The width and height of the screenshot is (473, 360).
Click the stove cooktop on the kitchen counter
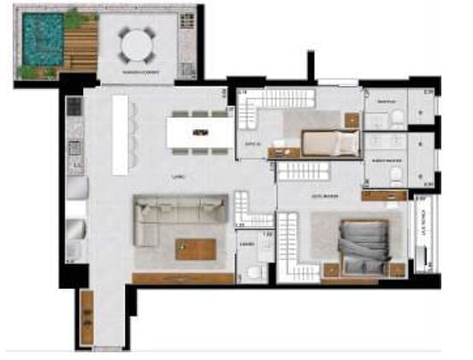click(x=74, y=108)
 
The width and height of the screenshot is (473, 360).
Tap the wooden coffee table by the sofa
click(x=196, y=248)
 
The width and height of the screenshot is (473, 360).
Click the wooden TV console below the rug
click(x=183, y=278)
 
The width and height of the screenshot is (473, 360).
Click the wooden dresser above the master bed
click(x=382, y=196)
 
